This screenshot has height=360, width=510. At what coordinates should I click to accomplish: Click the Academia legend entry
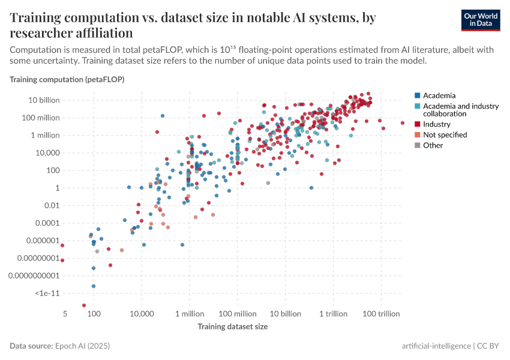click(x=439, y=95)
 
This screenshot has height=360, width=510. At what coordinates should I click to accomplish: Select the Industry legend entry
click(x=436, y=124)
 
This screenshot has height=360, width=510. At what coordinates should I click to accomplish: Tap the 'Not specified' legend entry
click(x=445, y=135)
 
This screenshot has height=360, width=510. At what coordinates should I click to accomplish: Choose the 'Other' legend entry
click(x=433, y=145)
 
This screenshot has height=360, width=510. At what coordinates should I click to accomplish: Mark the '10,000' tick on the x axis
click(x=142, y=314)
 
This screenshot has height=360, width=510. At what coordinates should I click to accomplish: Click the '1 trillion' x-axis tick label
click(x=333, y=314)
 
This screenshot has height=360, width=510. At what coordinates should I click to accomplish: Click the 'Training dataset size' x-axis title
click(x=233, y=327)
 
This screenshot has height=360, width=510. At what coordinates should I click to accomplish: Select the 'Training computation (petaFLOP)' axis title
click(x=67, y=79)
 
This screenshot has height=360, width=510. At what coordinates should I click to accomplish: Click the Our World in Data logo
click(x=481, y=20)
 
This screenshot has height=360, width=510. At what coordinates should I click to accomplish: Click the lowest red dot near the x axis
click(x=84, y=305)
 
